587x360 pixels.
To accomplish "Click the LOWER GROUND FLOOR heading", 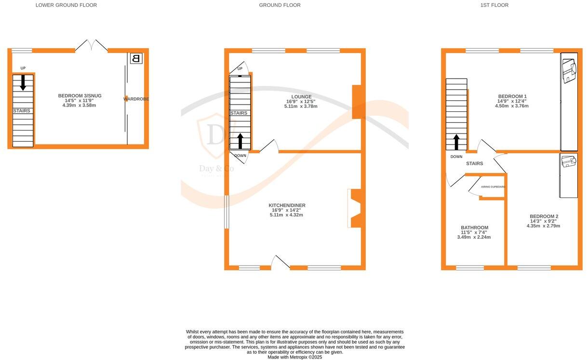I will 66,5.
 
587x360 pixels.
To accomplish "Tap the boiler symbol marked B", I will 136,59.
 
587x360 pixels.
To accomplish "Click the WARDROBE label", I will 136,99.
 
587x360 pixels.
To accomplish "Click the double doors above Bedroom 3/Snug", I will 91,46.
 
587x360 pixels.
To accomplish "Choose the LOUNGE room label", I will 299,97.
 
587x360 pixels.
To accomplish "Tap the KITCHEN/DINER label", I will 287,205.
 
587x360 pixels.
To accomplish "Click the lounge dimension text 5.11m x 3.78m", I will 299,107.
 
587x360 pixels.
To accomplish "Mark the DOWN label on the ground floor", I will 240,156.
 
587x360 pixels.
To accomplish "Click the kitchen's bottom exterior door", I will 280,262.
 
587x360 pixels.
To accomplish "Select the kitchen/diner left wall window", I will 226,212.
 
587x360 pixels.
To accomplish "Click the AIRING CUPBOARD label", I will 493,187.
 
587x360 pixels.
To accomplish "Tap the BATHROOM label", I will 474,227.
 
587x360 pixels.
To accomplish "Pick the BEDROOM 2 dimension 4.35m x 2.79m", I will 543,226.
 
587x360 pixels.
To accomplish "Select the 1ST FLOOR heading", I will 494,5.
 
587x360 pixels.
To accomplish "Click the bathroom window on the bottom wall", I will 470,267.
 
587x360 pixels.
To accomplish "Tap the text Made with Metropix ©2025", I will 295,357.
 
